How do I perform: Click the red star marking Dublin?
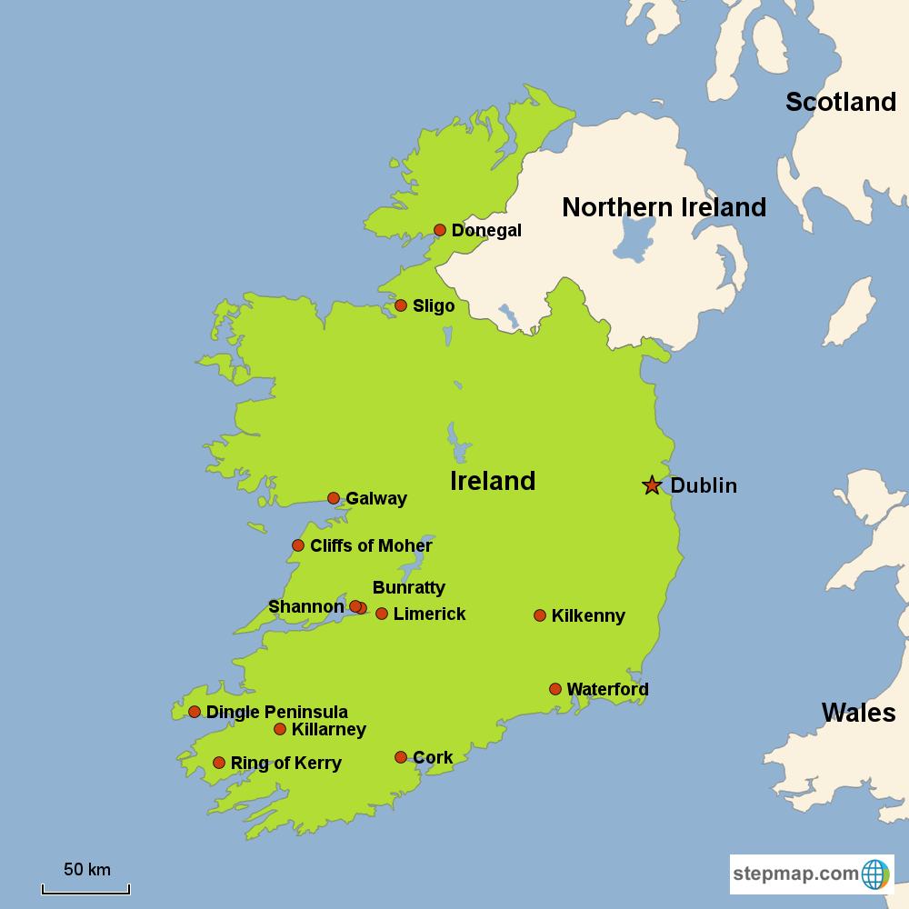652,485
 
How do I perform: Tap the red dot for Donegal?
440,230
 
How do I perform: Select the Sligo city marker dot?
401,305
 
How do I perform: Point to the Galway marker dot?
334,498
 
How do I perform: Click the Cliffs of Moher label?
371,545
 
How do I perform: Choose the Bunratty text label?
409,587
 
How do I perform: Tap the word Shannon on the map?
306,606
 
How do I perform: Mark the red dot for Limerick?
382,614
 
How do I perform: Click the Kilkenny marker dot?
540,615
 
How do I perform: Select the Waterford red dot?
555,689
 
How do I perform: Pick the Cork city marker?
401,757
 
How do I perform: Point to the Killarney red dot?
280,729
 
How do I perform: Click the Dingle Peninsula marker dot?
195,712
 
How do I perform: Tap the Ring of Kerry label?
286,764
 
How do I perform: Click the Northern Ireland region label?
664,207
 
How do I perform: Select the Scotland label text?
841,102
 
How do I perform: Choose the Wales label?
858,713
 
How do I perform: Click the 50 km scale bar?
86,889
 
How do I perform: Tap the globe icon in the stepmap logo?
875,874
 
